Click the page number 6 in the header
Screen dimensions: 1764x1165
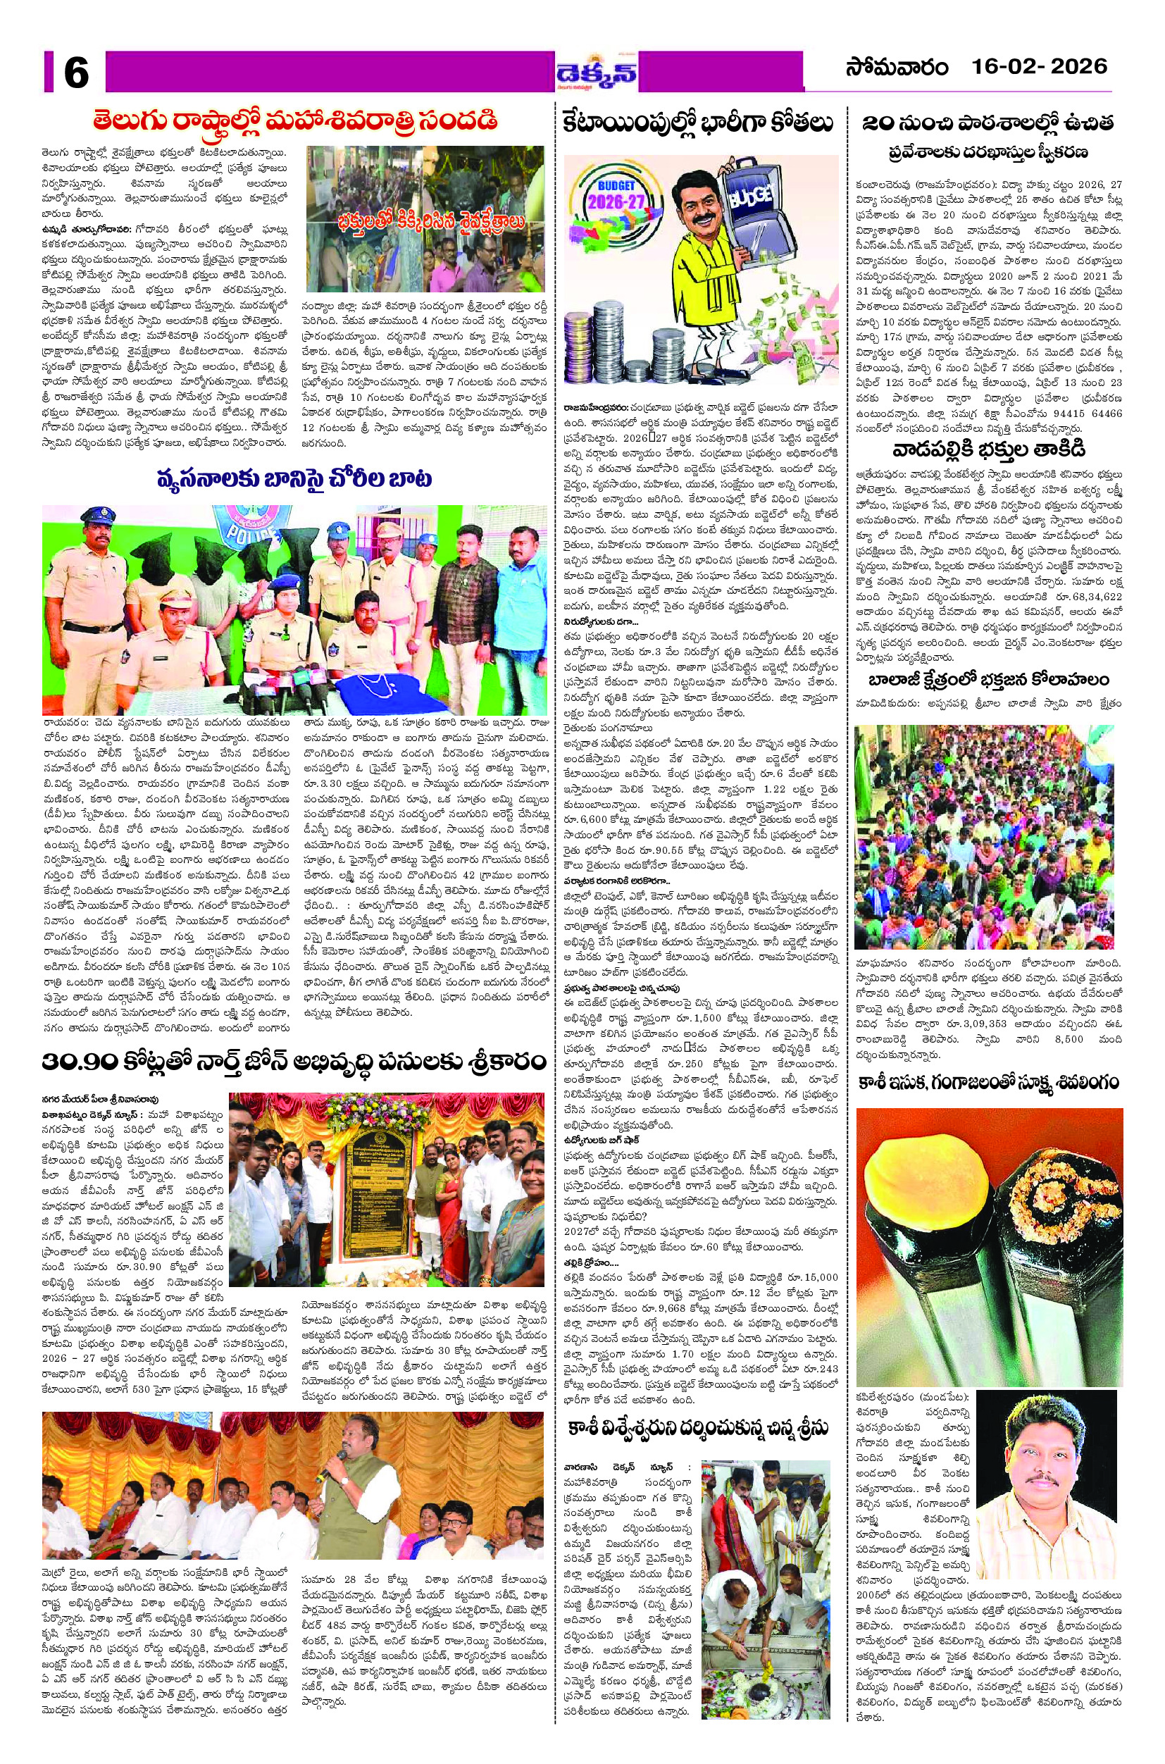coord(76,72)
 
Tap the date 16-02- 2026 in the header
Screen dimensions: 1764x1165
coord(1040,67)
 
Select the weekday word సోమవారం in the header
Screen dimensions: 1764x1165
coord(897,68)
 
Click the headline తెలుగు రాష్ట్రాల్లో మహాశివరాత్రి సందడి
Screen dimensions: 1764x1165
coord(296,120)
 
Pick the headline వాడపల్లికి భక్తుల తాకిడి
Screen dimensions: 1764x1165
coord(988,449)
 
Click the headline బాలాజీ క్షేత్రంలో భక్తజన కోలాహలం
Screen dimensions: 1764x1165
coord(988,680)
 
